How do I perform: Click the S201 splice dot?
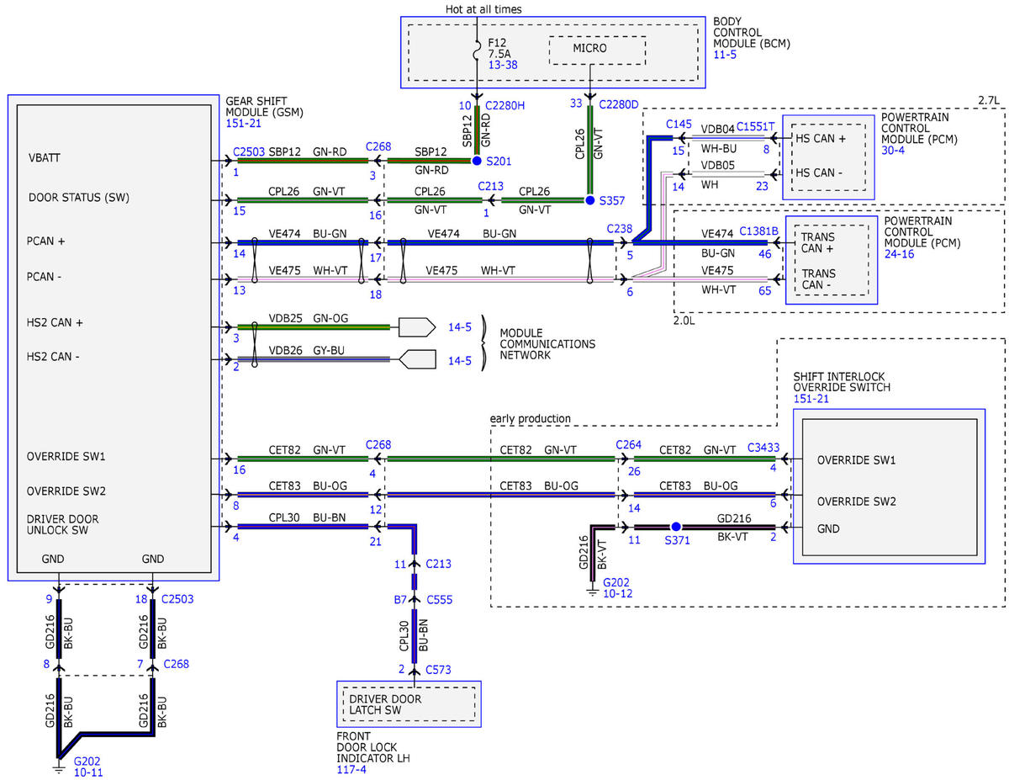pos(477,161)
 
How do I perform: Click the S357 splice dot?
pos(589,200)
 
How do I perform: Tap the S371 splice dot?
pos(676,527)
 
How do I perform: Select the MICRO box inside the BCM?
pos(597,50)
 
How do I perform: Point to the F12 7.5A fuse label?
pos(499,48)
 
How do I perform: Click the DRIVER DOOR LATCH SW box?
pos(409,704)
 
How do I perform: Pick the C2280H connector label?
pos(504,105)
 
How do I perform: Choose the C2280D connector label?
pos(619,104)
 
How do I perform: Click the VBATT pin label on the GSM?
pos(44,158)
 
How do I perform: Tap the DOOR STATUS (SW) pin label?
pos(79,198)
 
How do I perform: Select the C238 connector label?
pos(620,229)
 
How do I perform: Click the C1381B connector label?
pos(758,231)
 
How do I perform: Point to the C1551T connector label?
pos(755,126)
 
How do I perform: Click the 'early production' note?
pos(531,418)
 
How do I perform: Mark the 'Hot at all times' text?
pos(483,9)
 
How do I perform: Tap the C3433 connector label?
pos(763,448)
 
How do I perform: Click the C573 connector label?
pos(438,670)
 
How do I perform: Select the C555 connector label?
pos(439,599)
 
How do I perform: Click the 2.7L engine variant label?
pos(989,100)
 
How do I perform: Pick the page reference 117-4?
pos(351,769)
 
